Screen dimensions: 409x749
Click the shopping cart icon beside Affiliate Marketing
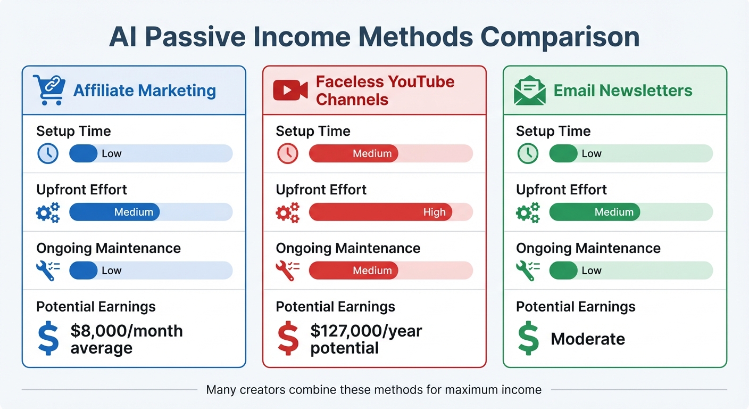pyautogui.click(x=49, y=89)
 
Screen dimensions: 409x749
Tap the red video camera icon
pyautogui.click(x=290, y=90)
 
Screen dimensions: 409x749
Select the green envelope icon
pyautogui.click(x=530, y=90)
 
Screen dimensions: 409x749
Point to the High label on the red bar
pyautogui.click(x=434, y=212)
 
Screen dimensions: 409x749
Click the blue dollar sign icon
pyautogui.click(x=48, y=339)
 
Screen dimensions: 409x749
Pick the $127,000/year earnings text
pyautogui.click(x=366, y=331)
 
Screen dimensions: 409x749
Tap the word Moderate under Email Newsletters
pyautogui.click(x=588, y=339)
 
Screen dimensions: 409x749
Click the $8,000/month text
pyautogui.click(x=127, y=331)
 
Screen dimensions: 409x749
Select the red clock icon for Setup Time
pyautogui.click(x=288, y=154)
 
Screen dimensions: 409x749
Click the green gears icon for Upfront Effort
pyautogui.click(x=528, y=212)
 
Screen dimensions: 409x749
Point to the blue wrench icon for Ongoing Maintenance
pyautogui.click(x=47, y=271)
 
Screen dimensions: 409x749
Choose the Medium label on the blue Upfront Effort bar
pyautogui.click(x=134, y=212)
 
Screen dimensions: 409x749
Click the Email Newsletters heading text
pyautogui.click(x=623, y=91)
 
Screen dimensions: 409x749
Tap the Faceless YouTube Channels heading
pyautogui.click(x=385, y=91)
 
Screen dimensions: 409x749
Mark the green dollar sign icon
pyautogui.click(x=529, y=339)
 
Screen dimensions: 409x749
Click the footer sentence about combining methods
pyautogui.click(x=373, y=390)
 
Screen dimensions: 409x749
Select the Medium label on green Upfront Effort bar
pyautogui.click(x=614, y=212)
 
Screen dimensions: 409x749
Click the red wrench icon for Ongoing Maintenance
pyautogui.click(x=287, y=271)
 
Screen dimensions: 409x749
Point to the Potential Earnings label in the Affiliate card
pyautogui.click(x=96, y=307)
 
